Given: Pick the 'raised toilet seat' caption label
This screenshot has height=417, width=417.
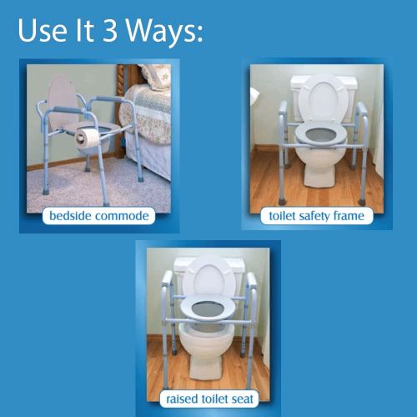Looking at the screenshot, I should (x=208, y=399).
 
